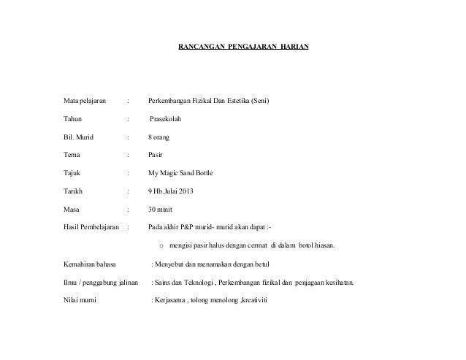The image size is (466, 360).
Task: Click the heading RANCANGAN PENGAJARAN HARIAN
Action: [x=243, y=46]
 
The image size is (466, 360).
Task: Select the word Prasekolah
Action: [x=169, y=118]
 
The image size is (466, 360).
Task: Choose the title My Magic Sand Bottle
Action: [x=181, y=173]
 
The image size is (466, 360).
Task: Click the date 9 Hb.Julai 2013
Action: [x=172, y=192]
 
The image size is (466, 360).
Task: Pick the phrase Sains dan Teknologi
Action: [x=189, y=282]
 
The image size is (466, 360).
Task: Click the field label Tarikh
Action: [x=74, y=192]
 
